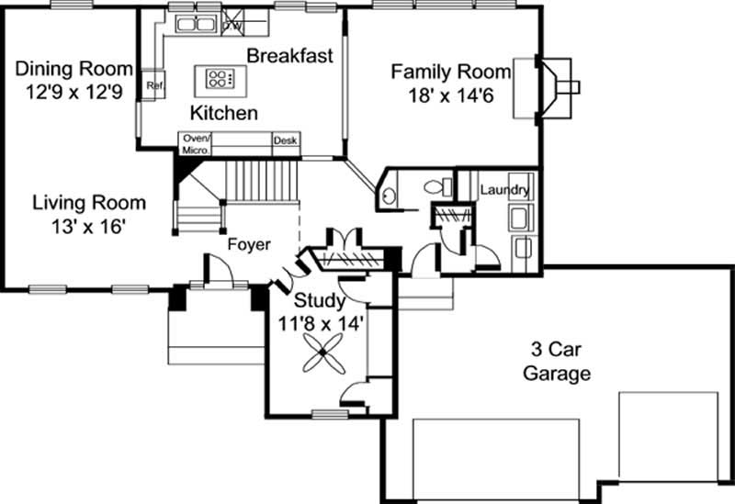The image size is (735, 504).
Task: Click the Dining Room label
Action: [74, 68]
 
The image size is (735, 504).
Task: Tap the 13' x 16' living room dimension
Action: [88, 227]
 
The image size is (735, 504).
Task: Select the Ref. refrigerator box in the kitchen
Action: [153, 84]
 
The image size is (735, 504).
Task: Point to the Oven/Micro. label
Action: [196, 144]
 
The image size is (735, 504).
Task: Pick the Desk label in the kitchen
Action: [286, 140]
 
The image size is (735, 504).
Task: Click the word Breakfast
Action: [289, 55]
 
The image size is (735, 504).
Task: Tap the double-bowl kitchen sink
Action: [196, 24]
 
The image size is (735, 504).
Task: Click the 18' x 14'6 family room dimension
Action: [451, 95]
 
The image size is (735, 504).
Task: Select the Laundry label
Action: [504, 190]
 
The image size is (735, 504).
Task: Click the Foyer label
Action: [249, 244]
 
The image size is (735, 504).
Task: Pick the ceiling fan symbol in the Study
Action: [323, 353]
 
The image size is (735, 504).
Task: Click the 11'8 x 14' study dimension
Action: [321, 323]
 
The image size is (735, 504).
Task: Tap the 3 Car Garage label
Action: [557, 361]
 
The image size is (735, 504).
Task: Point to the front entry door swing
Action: [219, 268]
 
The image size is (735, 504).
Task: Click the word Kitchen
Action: [224, 113]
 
